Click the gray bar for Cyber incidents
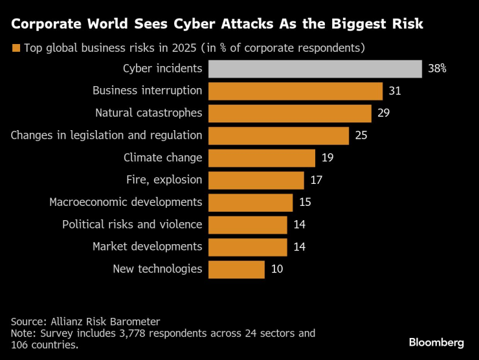click(x=315, y=69)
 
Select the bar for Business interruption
click(x=296, y=91)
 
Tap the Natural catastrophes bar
click(x=290, y=113)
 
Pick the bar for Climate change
click(x=262, y=158)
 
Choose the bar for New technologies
click(x=237, y=269)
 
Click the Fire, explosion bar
click(x=256, y=180)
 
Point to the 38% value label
click(x=437, y=69)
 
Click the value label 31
click(x=395, y=91)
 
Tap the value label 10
click(x=277, y=269)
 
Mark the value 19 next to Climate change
click(x=328, y=158)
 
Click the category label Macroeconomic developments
click(x=126, y=202)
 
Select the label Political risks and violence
click(x=132, y=225)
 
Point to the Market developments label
click(x=147, y=247)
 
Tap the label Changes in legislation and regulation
click(x=107, y=135)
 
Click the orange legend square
click(x=16, y=48)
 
